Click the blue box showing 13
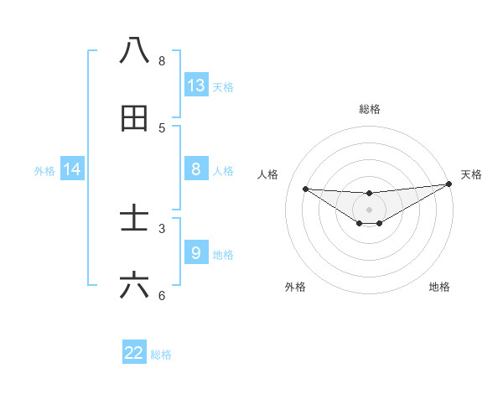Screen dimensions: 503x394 point(196,86)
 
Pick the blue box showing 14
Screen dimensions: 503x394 point(72,170)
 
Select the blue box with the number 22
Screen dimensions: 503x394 point(134,353)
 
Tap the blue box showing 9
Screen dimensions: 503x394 point(196,252)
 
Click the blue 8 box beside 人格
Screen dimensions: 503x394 point(196,169)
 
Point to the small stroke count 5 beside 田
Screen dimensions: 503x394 point(162,128)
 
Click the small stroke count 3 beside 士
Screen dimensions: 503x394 point(162,228)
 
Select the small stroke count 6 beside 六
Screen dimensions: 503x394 point(162,296)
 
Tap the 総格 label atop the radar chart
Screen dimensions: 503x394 point(369,109)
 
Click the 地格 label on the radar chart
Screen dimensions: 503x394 point(439,288)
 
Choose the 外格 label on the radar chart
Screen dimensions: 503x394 point(295,288)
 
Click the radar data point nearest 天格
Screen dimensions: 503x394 point(449,184)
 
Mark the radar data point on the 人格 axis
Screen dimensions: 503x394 point(305,189)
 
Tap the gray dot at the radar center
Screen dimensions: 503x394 point(369,210)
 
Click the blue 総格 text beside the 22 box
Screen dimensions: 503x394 point(161,355)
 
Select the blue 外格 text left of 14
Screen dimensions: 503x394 point(44,171)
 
